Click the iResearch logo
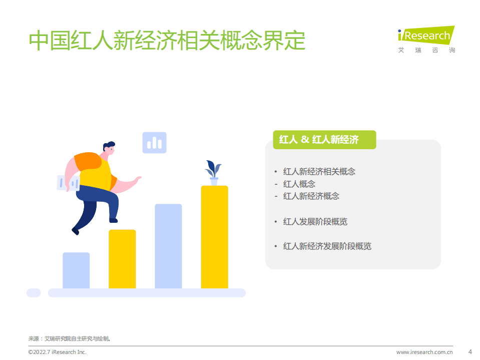coord(426,39)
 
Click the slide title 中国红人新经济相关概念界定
coord(167,41)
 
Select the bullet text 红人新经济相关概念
coord(319,171)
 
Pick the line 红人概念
coord(299,184)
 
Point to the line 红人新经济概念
coord(311,196)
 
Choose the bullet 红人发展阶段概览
coord(315,221)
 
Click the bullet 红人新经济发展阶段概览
coord(327,246)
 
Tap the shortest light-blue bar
coord(76,270)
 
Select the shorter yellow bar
coord(122,259)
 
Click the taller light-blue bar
coord(168,246)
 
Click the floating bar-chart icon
coord(154,143)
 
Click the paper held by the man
coord(68,183)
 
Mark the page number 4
coord(469,351)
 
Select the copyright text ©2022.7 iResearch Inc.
coord(57,352)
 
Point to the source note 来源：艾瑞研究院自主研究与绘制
coord(69,338)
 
